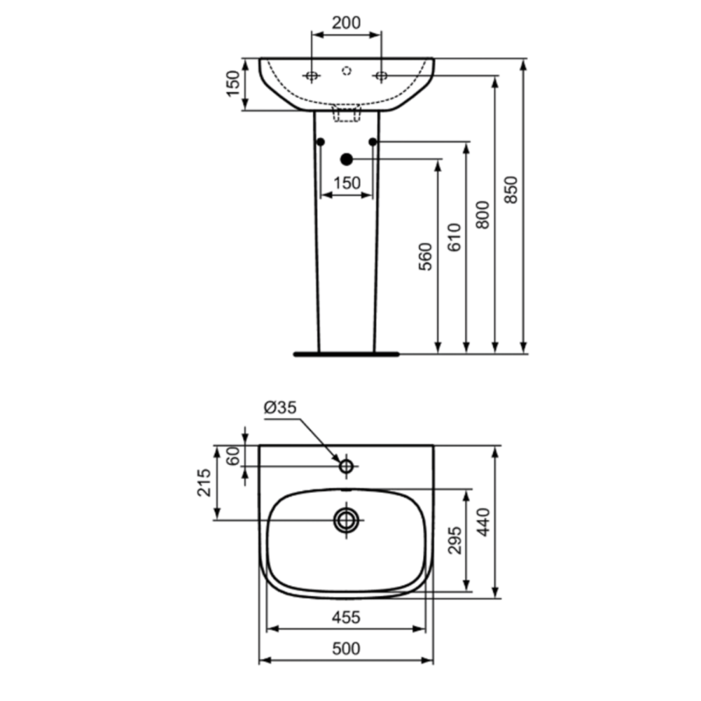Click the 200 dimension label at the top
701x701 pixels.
pyautogui.click(x=346, y=23)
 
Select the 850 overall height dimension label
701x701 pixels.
pyautogui.click(x=510, y=190)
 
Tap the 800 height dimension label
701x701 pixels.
pyautogui.click(x=482, y=215)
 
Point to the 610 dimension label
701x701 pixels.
pyautogui.click(x=454, y=238)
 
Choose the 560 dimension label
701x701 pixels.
pyautogui.click(x=425, y=256)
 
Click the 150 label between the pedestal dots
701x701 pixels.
pyautogui.click(x=347, y=183)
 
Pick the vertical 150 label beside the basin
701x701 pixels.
pyautogui.click(x=233, y=83)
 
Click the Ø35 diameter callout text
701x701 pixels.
pyautogui.click(x=280, y=407)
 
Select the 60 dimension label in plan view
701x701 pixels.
pyautogui.click(x=233, y=456)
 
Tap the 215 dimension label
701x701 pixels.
pyautogui.click(x=204, y=482)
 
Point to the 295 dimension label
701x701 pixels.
pyautogui.click(x=455, y=541)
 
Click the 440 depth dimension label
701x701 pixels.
pyautogui.click(x=483, y=522)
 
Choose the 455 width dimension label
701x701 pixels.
pyautogui.click(x=346, y=618)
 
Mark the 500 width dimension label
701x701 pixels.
pyautogui.click(x=346, y=649)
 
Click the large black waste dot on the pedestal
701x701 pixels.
pyautogui.click(x=347, y=159)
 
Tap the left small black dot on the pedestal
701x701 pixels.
pyautogui.click(x=321, y=143)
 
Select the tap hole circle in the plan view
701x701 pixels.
pyautogui.click(x=347, y=467)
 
